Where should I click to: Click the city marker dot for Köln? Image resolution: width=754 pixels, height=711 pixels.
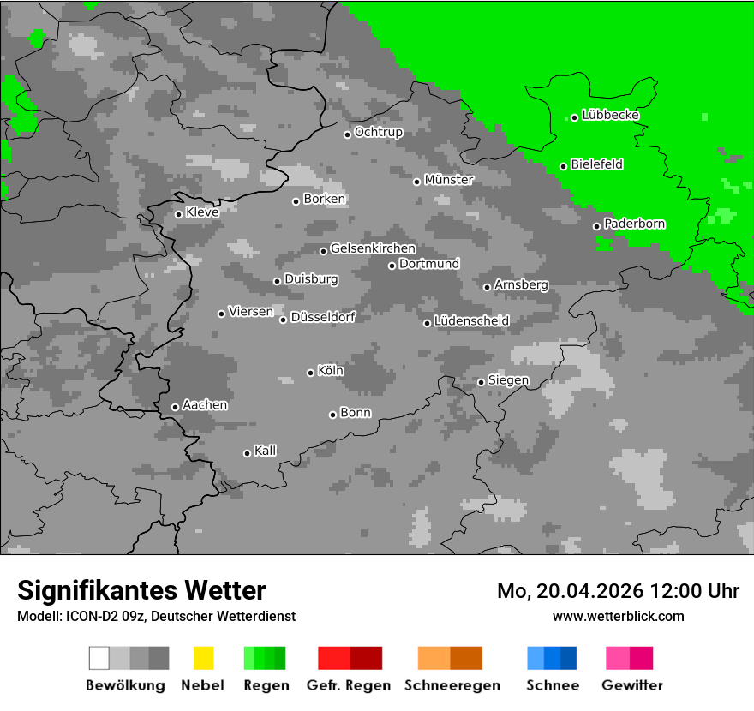[x=310, y=373]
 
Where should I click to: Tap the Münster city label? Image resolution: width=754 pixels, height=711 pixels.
[x=449, y=180]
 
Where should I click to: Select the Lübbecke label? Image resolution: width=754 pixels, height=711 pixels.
[x=610, y=115]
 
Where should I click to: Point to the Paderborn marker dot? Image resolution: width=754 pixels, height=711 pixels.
[x=597, y=226]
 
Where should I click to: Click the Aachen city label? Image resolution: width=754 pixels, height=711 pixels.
[x=205, y=404]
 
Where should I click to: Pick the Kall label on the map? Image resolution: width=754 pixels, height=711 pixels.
[x=265, y=451]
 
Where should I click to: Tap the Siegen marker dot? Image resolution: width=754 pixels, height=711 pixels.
[x=481, y=382]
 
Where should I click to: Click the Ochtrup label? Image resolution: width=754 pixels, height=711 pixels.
[x=378, y=132]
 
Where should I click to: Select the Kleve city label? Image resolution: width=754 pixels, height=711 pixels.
[x=202, y=212]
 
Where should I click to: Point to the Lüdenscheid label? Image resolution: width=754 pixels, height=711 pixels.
[x=471, y=320]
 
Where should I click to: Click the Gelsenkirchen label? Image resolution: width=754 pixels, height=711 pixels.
[x=373, y=248]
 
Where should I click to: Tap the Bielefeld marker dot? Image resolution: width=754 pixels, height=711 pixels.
[x=564, y=166]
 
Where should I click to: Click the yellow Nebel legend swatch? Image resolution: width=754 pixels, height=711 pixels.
[x=203, y=658]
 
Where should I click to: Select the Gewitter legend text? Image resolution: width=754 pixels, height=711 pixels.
[x=631, y=685]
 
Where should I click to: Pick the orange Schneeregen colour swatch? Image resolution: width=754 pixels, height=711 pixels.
[x=434, y=658]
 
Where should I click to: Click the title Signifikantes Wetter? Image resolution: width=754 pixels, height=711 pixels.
[x=141, y=590]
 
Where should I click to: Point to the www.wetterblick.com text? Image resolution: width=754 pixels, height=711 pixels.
[x=618, y=616]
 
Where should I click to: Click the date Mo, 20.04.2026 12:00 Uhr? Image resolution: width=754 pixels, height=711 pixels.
[x=618, y=591]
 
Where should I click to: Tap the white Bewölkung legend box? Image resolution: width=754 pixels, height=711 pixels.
[x=99, y=658]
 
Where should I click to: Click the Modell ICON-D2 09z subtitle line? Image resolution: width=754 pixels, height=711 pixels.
[x=156, y=616]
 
